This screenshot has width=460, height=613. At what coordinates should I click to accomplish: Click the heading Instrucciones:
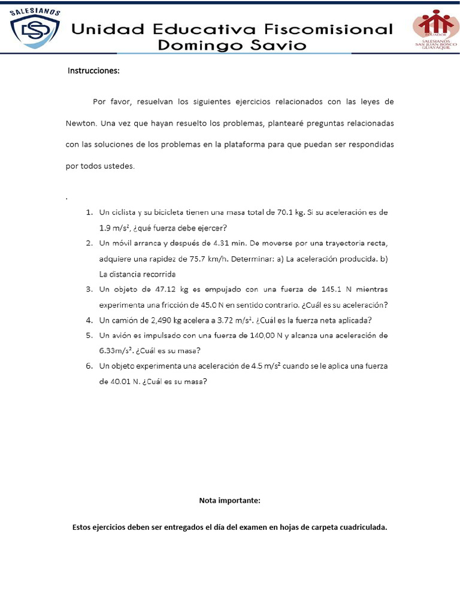(93, 71)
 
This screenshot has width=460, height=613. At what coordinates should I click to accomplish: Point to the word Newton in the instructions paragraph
(81, 123)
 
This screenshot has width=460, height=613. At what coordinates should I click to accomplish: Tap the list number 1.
(88, 213)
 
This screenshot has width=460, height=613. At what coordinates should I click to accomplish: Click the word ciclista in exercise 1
(123, 213)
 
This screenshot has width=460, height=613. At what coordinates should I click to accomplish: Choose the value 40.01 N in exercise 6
(119, 381)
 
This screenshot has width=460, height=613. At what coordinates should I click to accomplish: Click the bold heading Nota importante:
(229, 500)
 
